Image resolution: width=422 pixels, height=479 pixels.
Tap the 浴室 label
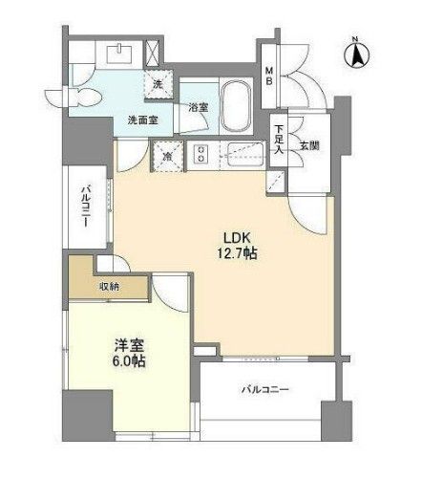[199, 107]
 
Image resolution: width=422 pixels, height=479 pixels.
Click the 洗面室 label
[143, 120]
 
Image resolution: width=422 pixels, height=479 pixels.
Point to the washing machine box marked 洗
[159, 84]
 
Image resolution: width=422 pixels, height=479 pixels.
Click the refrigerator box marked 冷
[168, 156]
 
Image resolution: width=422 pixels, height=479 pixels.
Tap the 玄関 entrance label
[310, 145]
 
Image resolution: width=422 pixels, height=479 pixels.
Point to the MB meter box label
[270, 76]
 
